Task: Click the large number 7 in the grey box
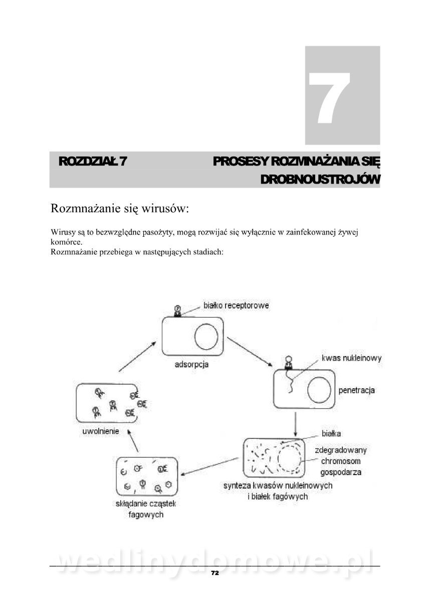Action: pos(329,98)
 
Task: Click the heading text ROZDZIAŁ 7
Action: pos(92,162)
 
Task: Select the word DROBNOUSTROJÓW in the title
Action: pos(320,180)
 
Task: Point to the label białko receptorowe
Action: pos(236,305)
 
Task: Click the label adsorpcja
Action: pos(191,364)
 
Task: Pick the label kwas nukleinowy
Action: pos(351,358)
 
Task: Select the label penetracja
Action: pos(357,390)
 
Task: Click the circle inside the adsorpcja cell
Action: pos(206,337)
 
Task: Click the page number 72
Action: pos(215,573)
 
